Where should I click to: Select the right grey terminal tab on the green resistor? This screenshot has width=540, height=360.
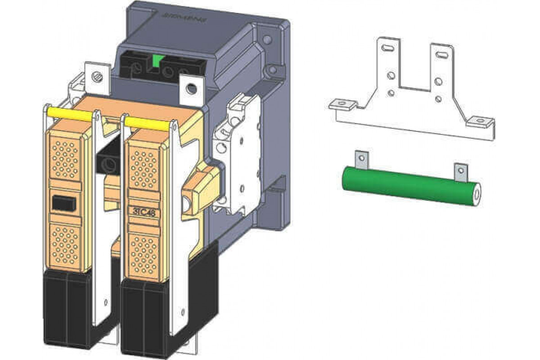(459, 171)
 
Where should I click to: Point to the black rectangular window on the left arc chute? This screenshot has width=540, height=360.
(63, 203)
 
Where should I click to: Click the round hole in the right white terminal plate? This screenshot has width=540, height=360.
(191, 89)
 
